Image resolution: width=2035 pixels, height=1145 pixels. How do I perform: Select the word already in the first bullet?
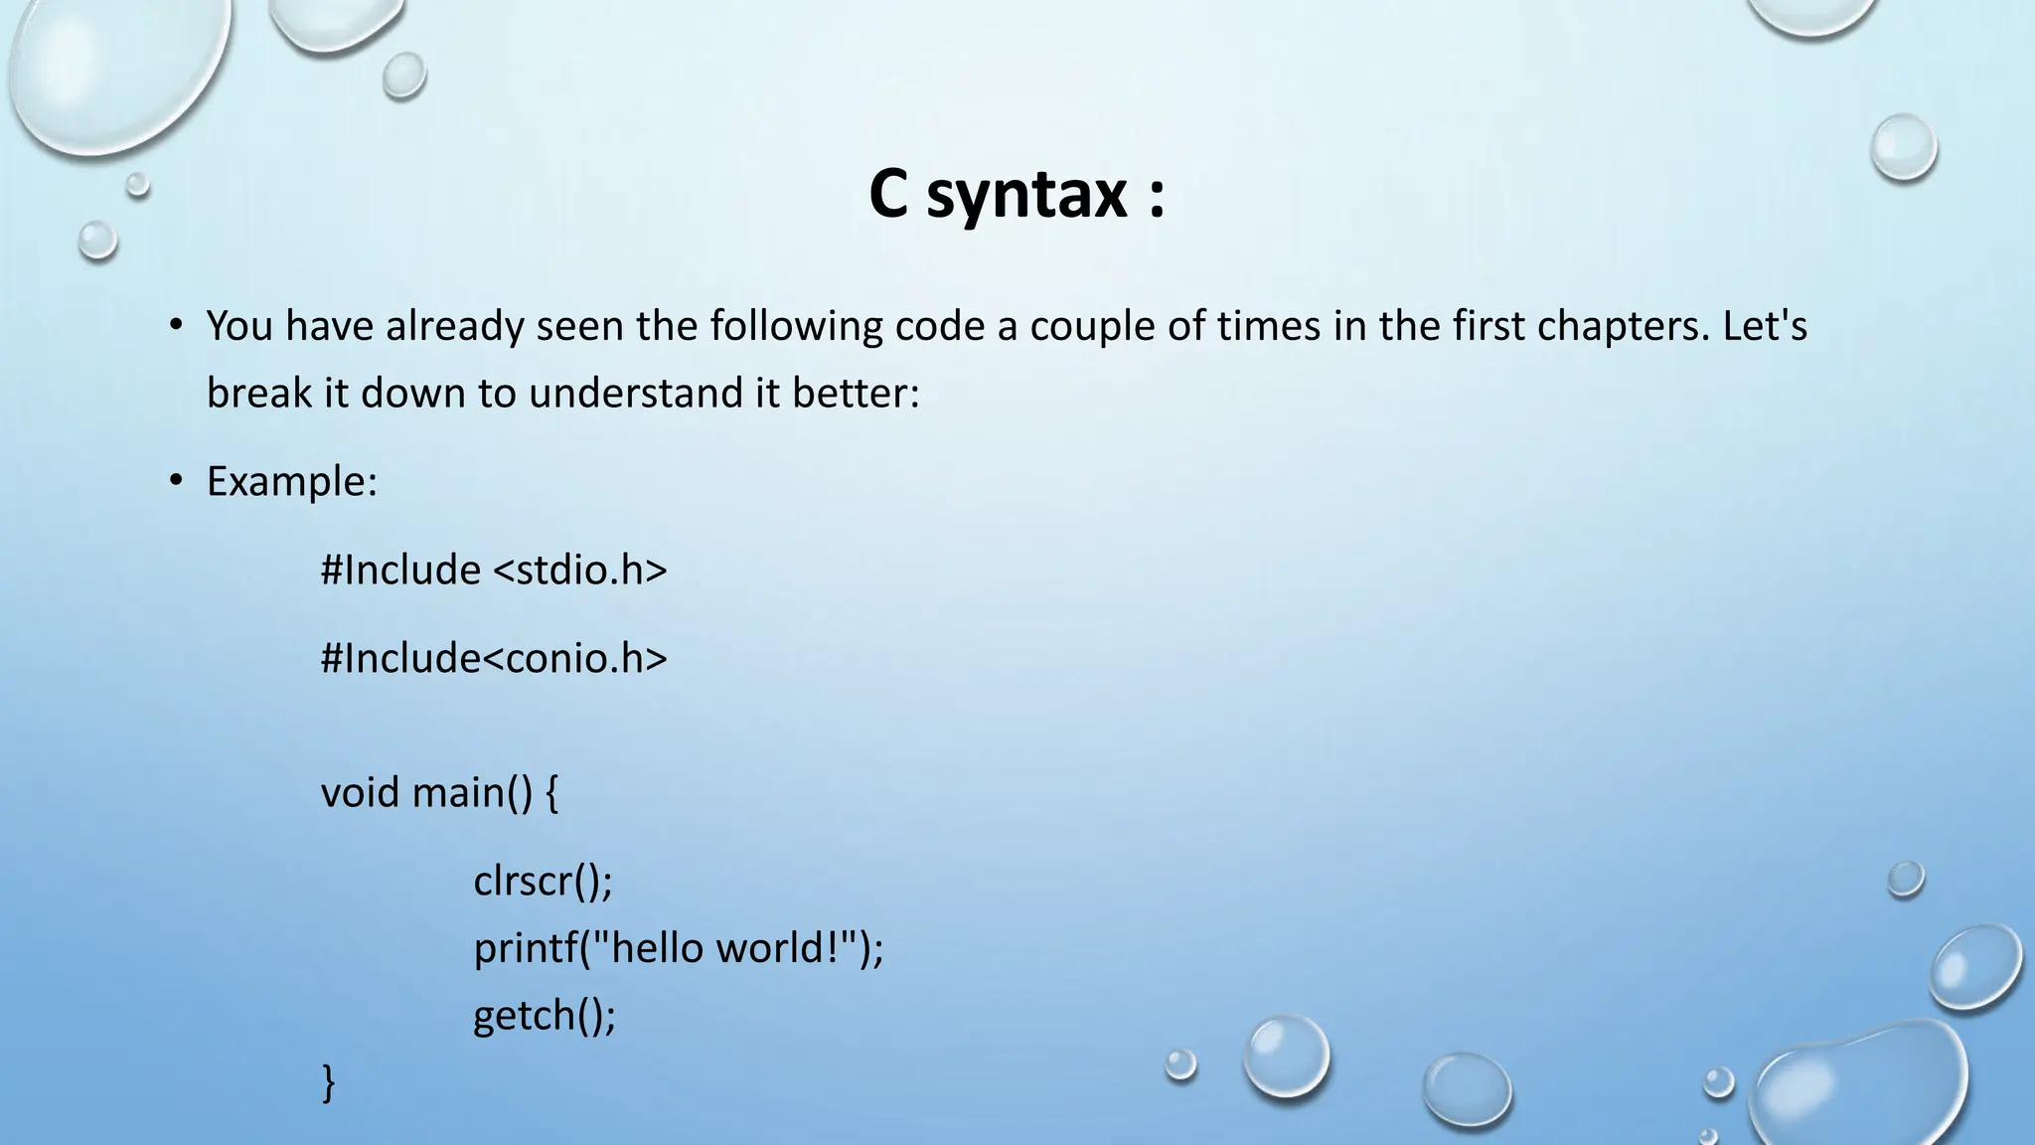[454, 326]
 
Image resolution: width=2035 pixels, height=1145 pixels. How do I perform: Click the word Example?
[291, 482]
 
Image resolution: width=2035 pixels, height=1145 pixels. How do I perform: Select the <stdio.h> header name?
[580, 571]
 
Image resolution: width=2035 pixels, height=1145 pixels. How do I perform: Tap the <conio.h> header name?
[575, 658]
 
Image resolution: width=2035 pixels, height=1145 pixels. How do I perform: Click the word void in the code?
[360, 792]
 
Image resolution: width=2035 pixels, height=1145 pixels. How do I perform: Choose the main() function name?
[472, 792]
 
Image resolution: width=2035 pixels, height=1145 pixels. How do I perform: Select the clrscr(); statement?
[543, 881]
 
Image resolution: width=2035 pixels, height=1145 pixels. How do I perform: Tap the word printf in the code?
[525, 948]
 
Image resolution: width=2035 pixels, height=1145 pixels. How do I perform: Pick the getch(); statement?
[545, 1016]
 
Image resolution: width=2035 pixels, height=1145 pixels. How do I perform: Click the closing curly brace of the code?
[329, 1082]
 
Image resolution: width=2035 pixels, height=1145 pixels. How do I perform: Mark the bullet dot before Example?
[176, 482]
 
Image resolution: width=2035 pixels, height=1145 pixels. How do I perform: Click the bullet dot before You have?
[176, 326]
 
